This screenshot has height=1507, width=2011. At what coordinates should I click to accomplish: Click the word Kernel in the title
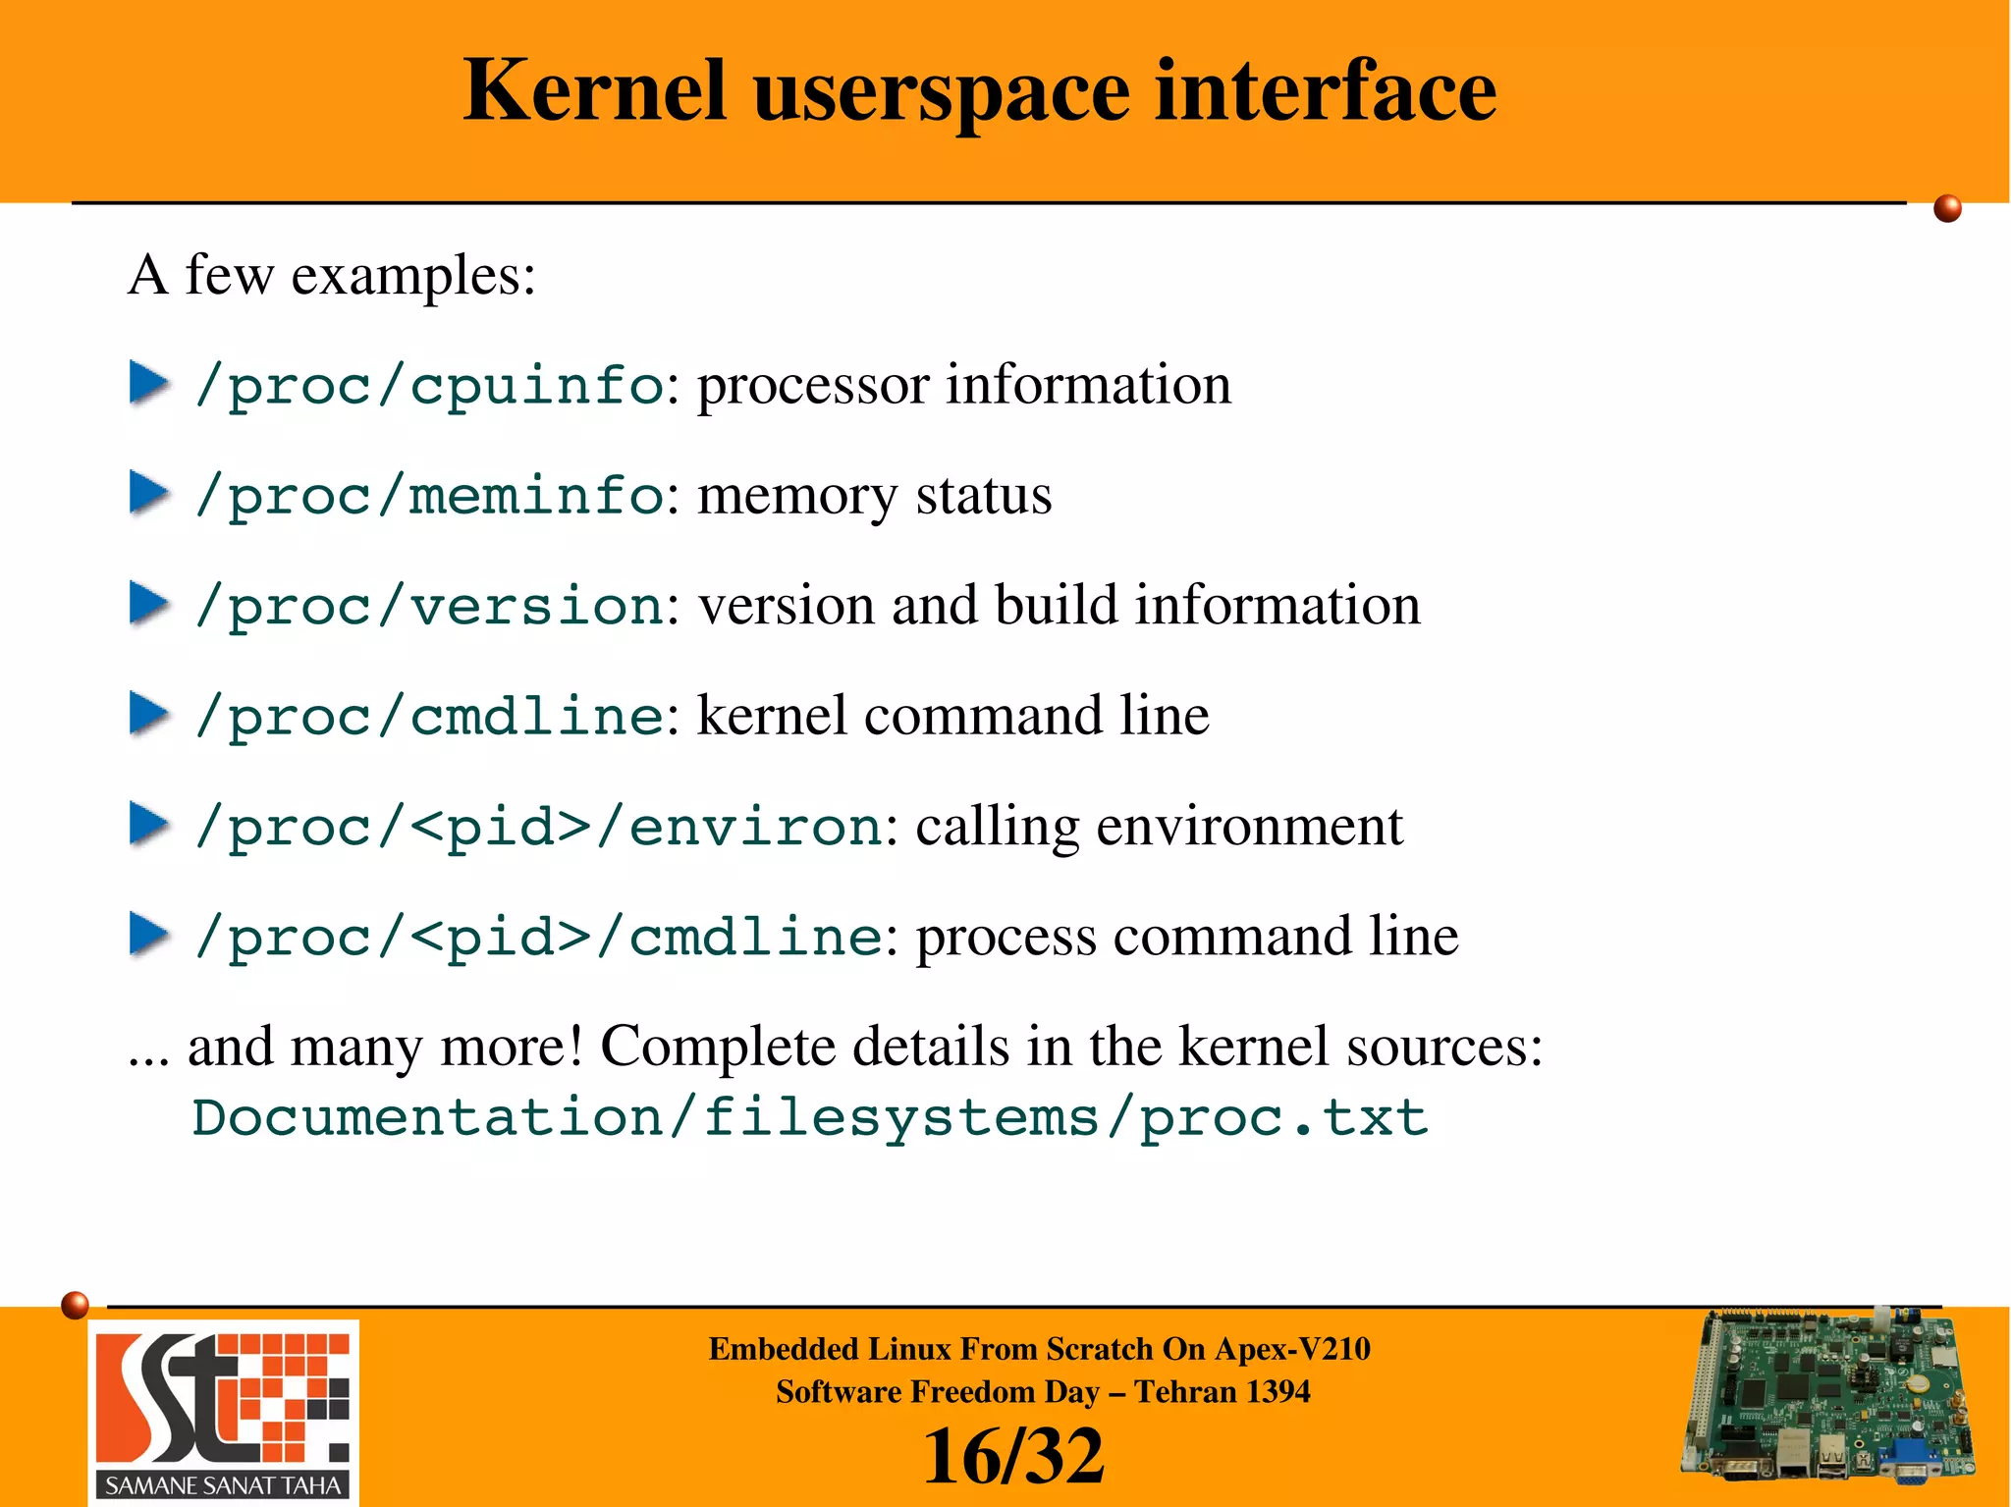[594, 90]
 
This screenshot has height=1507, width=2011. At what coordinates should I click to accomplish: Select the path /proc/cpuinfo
[429, 386]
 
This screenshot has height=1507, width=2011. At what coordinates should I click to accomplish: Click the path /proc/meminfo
[429, 496]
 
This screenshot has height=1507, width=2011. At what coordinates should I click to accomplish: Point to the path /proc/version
[429, 606]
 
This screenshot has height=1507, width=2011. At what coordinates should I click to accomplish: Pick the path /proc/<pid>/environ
[538, 827]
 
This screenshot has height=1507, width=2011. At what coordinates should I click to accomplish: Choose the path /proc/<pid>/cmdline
[538, 937]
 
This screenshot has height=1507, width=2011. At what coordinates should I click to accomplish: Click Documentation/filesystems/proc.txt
[809, 1117]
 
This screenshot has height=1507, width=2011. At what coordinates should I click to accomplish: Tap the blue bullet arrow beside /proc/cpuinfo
[149, 384]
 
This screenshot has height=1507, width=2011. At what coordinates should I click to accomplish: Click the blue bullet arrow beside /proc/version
[149, 604]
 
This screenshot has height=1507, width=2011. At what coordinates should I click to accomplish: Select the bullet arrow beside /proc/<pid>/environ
[149, 825]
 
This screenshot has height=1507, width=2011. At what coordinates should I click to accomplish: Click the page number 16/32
[1013, 1457]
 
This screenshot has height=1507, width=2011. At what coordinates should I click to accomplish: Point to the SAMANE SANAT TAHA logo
[224, 1413]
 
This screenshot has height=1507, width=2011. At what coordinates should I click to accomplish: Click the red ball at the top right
[1947, 209]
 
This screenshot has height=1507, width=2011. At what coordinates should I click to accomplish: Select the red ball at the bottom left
[75, 1305]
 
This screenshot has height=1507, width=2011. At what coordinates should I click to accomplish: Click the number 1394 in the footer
[1275, 1392]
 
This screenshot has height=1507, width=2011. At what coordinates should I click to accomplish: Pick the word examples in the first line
[412, 275]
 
